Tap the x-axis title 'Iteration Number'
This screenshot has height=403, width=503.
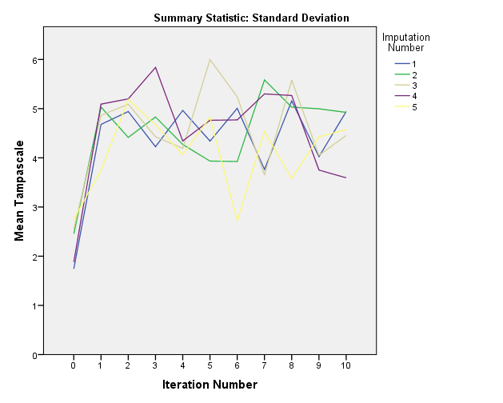pyautogui.click(x=210, y=385)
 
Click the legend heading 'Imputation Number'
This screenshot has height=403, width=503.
pyautogui.click(x=405, y=42)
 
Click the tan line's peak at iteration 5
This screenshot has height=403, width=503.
pyautogui.click(x=210, y=59)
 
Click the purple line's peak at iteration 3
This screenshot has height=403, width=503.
pyautogui.click(x=155, y=67)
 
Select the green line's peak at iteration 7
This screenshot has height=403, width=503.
pyautogui.click(x=264, y=80)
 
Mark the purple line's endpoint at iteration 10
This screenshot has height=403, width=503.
pyautogui.click(x=345, y=178)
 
